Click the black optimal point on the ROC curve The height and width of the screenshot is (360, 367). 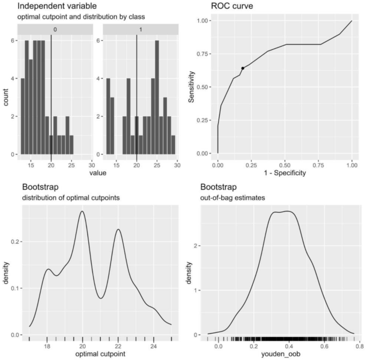[x=243, y=68]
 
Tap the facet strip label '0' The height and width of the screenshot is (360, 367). [x=51, y=31]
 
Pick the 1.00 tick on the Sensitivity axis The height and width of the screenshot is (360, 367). [x=206, y=20]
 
